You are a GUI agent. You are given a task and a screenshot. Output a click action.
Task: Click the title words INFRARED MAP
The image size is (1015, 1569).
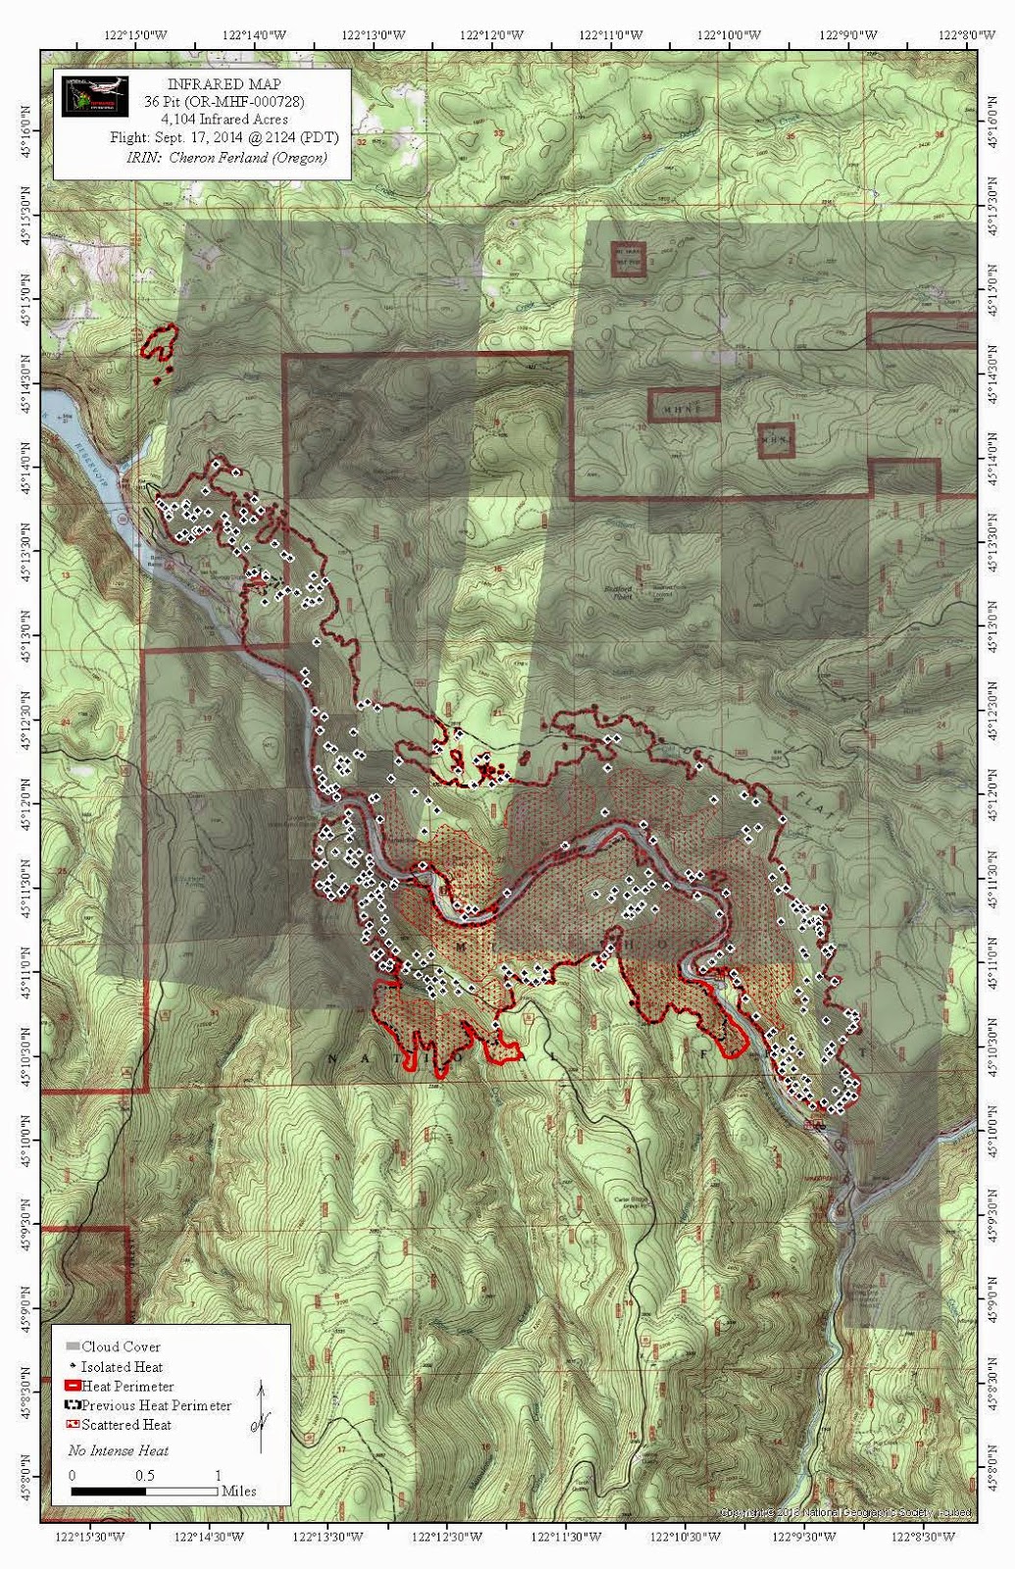(x=224, y=84)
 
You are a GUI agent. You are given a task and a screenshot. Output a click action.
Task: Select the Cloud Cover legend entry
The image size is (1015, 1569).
(x=121, y=1346)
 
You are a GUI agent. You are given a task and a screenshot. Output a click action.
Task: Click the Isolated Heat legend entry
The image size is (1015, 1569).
(x=122, y=1366)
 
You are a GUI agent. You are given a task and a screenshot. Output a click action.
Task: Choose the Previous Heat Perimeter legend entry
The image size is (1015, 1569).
(x=156, y=1405)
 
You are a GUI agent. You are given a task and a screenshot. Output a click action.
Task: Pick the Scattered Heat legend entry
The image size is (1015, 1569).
(x=126, y=1425)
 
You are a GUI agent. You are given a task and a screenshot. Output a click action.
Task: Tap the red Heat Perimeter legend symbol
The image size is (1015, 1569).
(x=72, y=1387)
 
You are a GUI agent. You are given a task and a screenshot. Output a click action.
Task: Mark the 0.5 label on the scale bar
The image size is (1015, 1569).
(x=144, y=1475)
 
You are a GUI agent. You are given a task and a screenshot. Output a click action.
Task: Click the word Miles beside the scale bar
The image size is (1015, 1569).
(x=238, y=1491)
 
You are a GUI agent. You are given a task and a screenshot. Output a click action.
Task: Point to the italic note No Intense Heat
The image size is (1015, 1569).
(x=118, y=1450)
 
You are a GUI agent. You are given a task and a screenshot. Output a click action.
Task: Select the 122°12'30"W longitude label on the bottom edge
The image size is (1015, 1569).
(x=447, y=1537)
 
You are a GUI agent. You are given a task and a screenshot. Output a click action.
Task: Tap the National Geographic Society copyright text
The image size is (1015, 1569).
(x=845, y=1512)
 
